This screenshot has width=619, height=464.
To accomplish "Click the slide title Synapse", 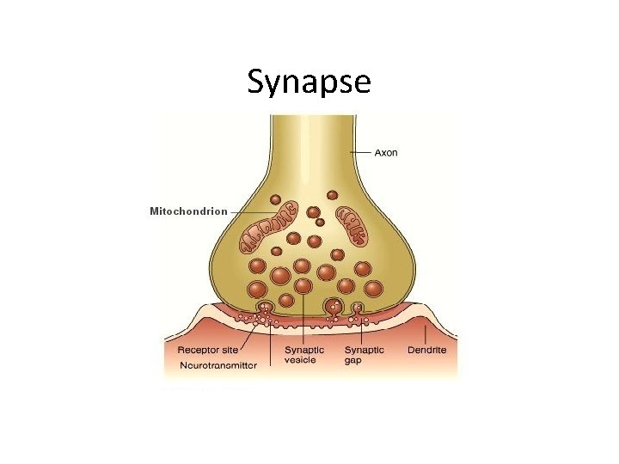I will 309,81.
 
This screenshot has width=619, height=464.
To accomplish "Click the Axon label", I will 386,153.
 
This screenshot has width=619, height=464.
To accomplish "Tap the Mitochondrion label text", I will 188,211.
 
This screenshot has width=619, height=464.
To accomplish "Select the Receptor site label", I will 207,350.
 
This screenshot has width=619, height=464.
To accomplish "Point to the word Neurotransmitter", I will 218,365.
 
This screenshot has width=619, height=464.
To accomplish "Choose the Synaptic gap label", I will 365,354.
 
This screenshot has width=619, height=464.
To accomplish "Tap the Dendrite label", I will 427,350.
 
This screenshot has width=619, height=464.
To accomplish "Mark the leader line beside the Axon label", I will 360,153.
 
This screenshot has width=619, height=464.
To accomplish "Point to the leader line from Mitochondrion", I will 254,211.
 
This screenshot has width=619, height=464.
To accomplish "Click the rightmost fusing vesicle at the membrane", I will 359,307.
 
